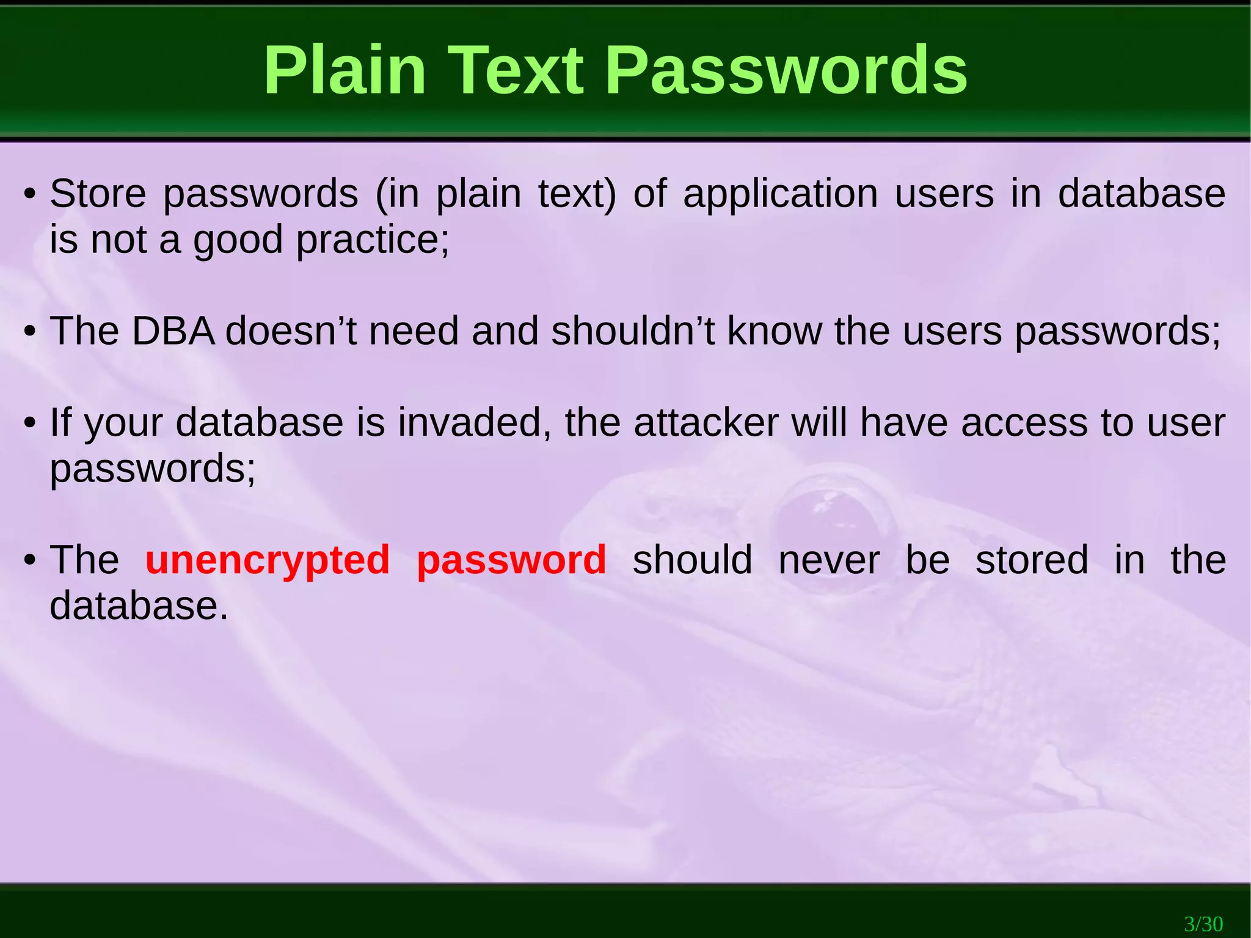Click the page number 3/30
(1203, 923)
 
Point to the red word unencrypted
(268, 560)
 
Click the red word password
(511, 560)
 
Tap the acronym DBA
(173, 331)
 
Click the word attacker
(706, 422)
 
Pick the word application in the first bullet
(780, 194)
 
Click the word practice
(372, 240)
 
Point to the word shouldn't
(632, 331)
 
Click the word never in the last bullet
(829, 560)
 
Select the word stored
(1032, 560)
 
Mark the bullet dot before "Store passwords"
(29, 196)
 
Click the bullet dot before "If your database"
(29, 424)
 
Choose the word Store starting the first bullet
(98, 194)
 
